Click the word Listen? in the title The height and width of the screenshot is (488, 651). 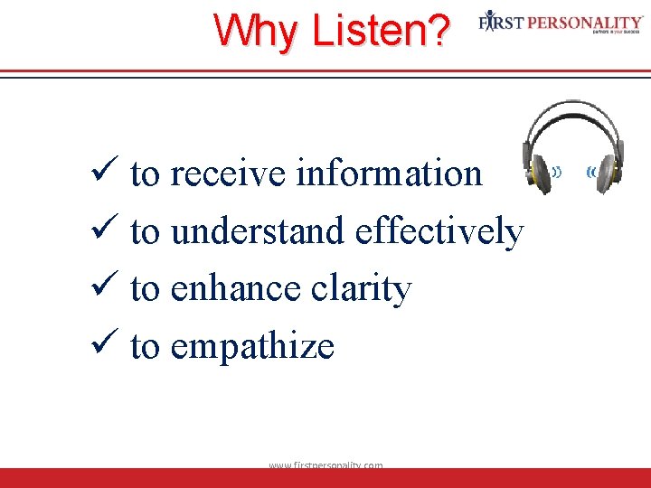[x=380, y=32]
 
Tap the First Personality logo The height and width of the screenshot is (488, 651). [x=561, y=23]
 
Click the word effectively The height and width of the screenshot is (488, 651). [x=439, y=232]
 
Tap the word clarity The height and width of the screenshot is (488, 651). [x=361, y=290]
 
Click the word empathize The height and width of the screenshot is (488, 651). [x=251, y=347]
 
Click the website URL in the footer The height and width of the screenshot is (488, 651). [x=325, y=465]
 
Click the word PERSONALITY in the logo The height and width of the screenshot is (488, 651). [x=587, y=20]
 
